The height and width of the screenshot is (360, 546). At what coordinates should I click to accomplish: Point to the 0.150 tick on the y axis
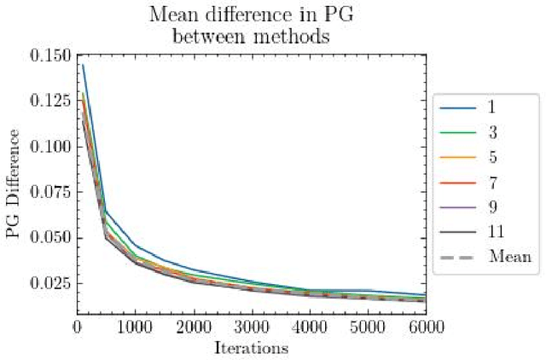(49, 55)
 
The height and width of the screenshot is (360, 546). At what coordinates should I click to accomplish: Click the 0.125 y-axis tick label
(49, 101)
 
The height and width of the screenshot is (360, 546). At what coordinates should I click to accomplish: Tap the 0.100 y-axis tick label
(49, 146)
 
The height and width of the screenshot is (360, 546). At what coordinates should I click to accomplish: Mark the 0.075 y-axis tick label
(49, 192)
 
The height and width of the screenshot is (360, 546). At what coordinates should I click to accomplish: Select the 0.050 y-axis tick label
(49, 237)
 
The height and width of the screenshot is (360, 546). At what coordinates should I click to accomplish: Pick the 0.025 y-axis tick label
(49, 282)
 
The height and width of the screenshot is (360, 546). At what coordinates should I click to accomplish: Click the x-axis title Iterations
(250, 348)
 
